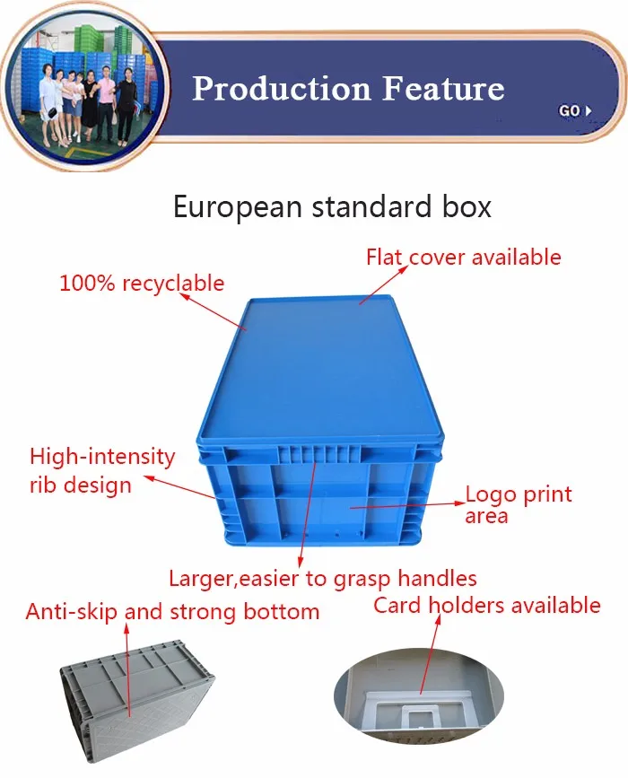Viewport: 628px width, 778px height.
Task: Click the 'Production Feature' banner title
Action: pos(348,88)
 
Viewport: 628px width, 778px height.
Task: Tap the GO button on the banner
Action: pos(574,110)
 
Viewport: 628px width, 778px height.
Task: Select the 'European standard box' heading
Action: pos(332,207)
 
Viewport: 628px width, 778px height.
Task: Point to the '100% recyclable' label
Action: pos(142,284)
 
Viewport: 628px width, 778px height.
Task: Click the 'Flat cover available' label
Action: pos(463,257)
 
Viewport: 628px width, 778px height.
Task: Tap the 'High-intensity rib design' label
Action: pos(101,470)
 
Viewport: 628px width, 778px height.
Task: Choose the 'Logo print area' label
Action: pos(518,504)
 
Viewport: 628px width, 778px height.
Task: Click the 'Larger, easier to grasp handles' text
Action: pos(323,578)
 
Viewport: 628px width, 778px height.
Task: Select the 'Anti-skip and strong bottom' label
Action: pos(172,612)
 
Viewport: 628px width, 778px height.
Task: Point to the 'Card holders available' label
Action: pos(486,605)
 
